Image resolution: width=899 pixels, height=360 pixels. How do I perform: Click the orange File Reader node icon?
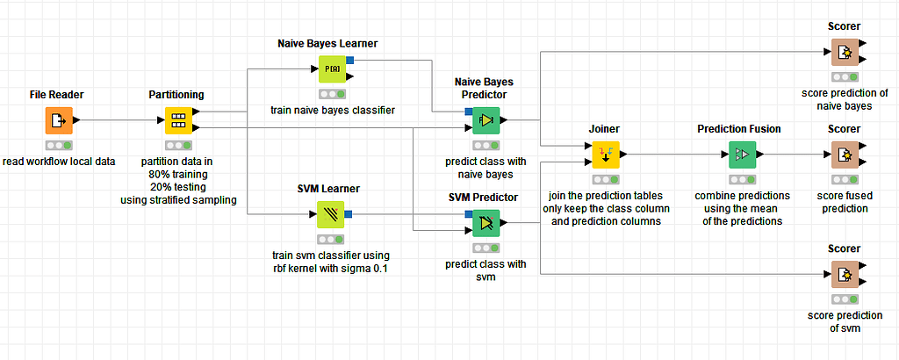pyautogui.click(x=59, y=120)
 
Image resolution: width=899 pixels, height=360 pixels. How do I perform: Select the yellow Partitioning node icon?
pyautogui.click(x=178, y=120)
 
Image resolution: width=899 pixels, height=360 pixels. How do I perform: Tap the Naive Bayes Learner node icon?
pyautogui.click(x=331, y=68)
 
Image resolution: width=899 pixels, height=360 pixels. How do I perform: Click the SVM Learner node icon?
pyautogui.click(x=331, y=214)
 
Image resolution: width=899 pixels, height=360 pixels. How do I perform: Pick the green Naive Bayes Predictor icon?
pyautogui.click(x=485, y=120)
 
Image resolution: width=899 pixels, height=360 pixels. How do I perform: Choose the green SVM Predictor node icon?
pyautogui.click(x=485, y=224)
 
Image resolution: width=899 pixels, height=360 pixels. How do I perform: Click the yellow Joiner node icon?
pyautogui.click(x=606, y=155)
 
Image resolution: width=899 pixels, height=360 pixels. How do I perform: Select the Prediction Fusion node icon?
pyautogui.click(x=739, y=155)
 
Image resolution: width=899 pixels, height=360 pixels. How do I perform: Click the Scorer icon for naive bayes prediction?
pyautogui.click(x=844, y=53)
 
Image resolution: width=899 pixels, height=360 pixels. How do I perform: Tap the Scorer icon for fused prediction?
pyautogui.click(x=844, y=155)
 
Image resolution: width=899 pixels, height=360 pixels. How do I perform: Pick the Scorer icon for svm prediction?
pyautogui.click(x=844, y=275)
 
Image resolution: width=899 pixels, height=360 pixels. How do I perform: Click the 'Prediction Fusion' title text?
pyautogui.click(x=739, y=129)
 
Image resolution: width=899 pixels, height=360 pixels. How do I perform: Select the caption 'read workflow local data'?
pyautogui.click(x=59, y=162)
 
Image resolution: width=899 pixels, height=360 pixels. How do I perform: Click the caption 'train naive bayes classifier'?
pyautogui.click(x=331, y=110)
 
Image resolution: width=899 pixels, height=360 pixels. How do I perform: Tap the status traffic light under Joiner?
pyautogui.click(x=606, y=179)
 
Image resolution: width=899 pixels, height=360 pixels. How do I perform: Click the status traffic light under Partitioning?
pyautogui.click(x=178, y=145)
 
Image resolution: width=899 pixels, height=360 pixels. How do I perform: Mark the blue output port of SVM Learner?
pyautogui.click(x=349, y=213)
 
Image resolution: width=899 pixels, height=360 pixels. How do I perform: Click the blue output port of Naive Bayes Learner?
pyautogui.click(x=349, y=60)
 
